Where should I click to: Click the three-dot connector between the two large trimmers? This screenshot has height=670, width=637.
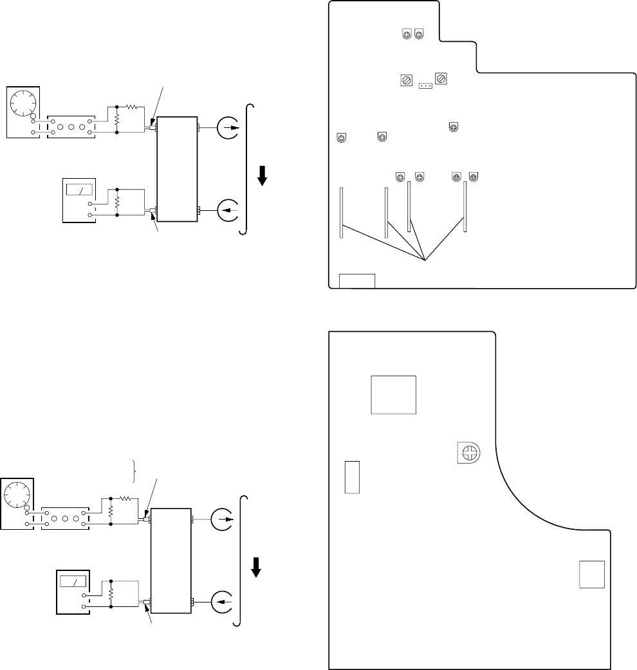click(425, 84)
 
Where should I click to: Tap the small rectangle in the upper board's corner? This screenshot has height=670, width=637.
click(357, 280)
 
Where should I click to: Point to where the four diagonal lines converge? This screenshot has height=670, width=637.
click(425, 260)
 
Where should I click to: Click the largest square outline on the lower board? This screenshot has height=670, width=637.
click(394, 395)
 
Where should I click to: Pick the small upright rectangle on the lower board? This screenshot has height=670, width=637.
click(351, 476)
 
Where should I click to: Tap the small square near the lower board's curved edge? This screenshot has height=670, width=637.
click(592, 574)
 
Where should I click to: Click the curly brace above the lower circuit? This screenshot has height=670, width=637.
click(134, 471)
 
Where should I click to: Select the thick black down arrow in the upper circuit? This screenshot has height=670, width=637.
click(261, 174)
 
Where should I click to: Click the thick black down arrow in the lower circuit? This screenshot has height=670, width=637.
click(256, 566)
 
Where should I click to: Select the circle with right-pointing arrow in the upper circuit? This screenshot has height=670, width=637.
click(229, 128)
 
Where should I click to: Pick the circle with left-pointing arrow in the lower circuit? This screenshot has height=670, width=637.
click(222, 601)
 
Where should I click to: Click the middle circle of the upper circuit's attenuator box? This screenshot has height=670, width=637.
click(71, 127)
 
